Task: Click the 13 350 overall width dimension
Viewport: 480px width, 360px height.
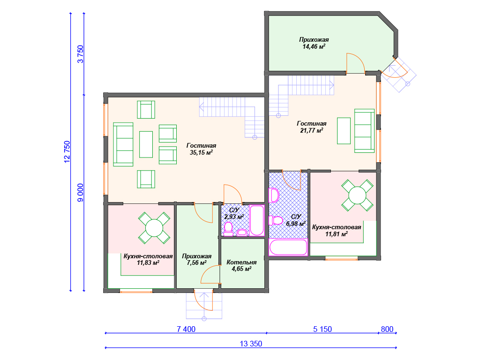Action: click(251, 344)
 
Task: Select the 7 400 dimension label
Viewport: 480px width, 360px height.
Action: click(186, 329)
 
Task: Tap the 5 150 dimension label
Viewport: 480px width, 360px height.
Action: click(322, 329)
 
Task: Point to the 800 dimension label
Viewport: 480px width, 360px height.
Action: click(387, 329)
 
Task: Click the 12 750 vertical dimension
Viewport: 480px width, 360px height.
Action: click(67, 152)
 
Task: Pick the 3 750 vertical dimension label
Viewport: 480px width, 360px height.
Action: click(80, 54)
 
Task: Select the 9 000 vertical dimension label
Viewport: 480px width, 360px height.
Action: click(80, 193)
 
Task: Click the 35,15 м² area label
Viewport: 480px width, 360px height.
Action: click(201, 152)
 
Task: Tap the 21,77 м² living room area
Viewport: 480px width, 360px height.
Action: click(312, 130)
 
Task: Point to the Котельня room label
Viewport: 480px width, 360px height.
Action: click(241, 262)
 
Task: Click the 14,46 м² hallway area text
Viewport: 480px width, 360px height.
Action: click(314, 46)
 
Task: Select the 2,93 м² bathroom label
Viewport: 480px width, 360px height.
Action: click(234, 217)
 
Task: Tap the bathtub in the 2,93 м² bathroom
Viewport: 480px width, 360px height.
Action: click(256, 220)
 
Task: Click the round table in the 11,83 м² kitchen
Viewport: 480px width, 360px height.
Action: click(154, 228)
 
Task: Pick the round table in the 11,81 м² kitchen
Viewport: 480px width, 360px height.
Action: click(357, 195)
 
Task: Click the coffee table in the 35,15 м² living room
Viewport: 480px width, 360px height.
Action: click(146, 144)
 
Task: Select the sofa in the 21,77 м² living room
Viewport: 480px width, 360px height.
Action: click(364, 131)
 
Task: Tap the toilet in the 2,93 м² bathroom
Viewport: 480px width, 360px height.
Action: click(228, 229)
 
